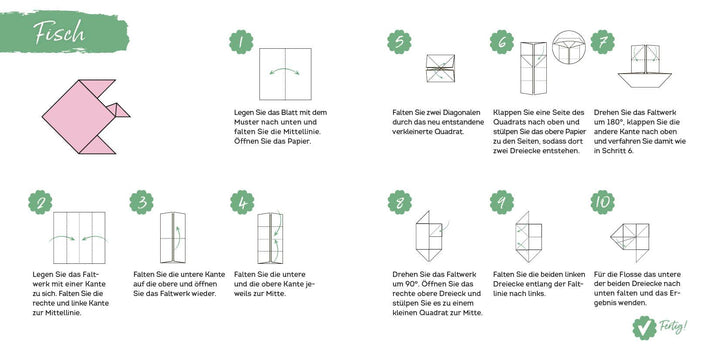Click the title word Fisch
[59, 31]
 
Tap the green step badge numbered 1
[241, 42]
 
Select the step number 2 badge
[40, 202]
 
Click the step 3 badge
[141, 202]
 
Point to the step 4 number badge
[242, 202]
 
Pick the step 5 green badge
[399, 42]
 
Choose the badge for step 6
[502, 42]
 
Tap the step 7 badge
[602, 42]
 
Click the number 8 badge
[399, 202]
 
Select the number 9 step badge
[502, 202]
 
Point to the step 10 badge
[602, 202]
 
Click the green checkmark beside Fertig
[644, 328]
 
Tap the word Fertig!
[674, 326]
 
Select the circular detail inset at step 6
[568, 47]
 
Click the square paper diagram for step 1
[285, 74]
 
